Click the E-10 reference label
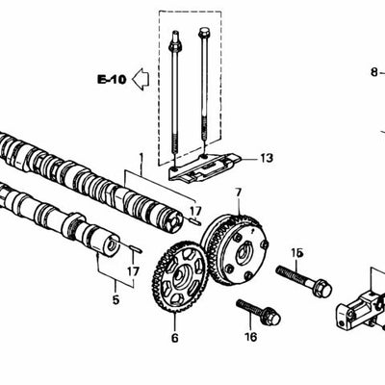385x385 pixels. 112,79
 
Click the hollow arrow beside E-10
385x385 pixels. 141,79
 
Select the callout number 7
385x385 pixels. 238,193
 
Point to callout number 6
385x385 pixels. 174,338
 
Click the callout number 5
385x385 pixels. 115,299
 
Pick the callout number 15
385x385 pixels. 296,253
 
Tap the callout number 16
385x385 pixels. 250,337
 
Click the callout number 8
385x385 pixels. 374,72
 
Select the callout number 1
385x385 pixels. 141,158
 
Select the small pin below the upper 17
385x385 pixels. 194,220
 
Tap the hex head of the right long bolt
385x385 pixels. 204,33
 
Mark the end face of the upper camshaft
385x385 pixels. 175,222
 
